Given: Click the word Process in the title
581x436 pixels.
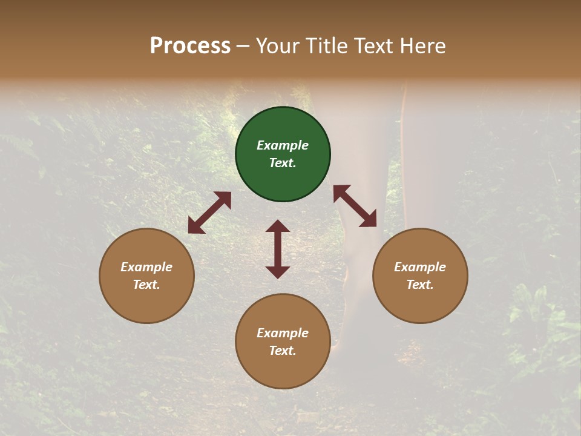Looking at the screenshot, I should pos(190,46).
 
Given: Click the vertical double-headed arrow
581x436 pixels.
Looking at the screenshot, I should pos(278,249).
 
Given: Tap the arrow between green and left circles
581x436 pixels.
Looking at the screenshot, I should pos(209,213).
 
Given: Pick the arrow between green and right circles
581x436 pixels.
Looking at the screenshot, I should pos(355,206).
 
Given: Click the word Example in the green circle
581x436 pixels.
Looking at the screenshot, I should pos(283,145).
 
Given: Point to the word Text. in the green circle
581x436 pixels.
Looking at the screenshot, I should pos(283,163).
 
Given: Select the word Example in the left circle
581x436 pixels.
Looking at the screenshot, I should pos(146,267).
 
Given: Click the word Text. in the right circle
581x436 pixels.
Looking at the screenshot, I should pos(420,285).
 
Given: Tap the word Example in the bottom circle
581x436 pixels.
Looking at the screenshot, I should pos(283,333).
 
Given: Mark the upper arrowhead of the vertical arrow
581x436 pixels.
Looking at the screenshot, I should pos(278,227).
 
